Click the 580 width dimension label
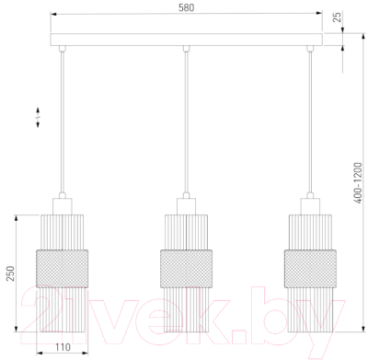click(x=187, y=7)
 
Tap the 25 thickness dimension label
click(x=337, y=17)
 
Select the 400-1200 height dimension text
click(x=358, y=183)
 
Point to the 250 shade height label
click(x=10, y=273)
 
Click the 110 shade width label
click(x=63, y=347)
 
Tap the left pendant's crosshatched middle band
click(x=63, y=269)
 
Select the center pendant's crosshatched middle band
click(x=186, y=269)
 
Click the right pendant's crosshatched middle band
click(x=310, y=269)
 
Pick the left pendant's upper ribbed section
click(x=63, y=232)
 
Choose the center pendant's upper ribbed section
click(x=186, y=232)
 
